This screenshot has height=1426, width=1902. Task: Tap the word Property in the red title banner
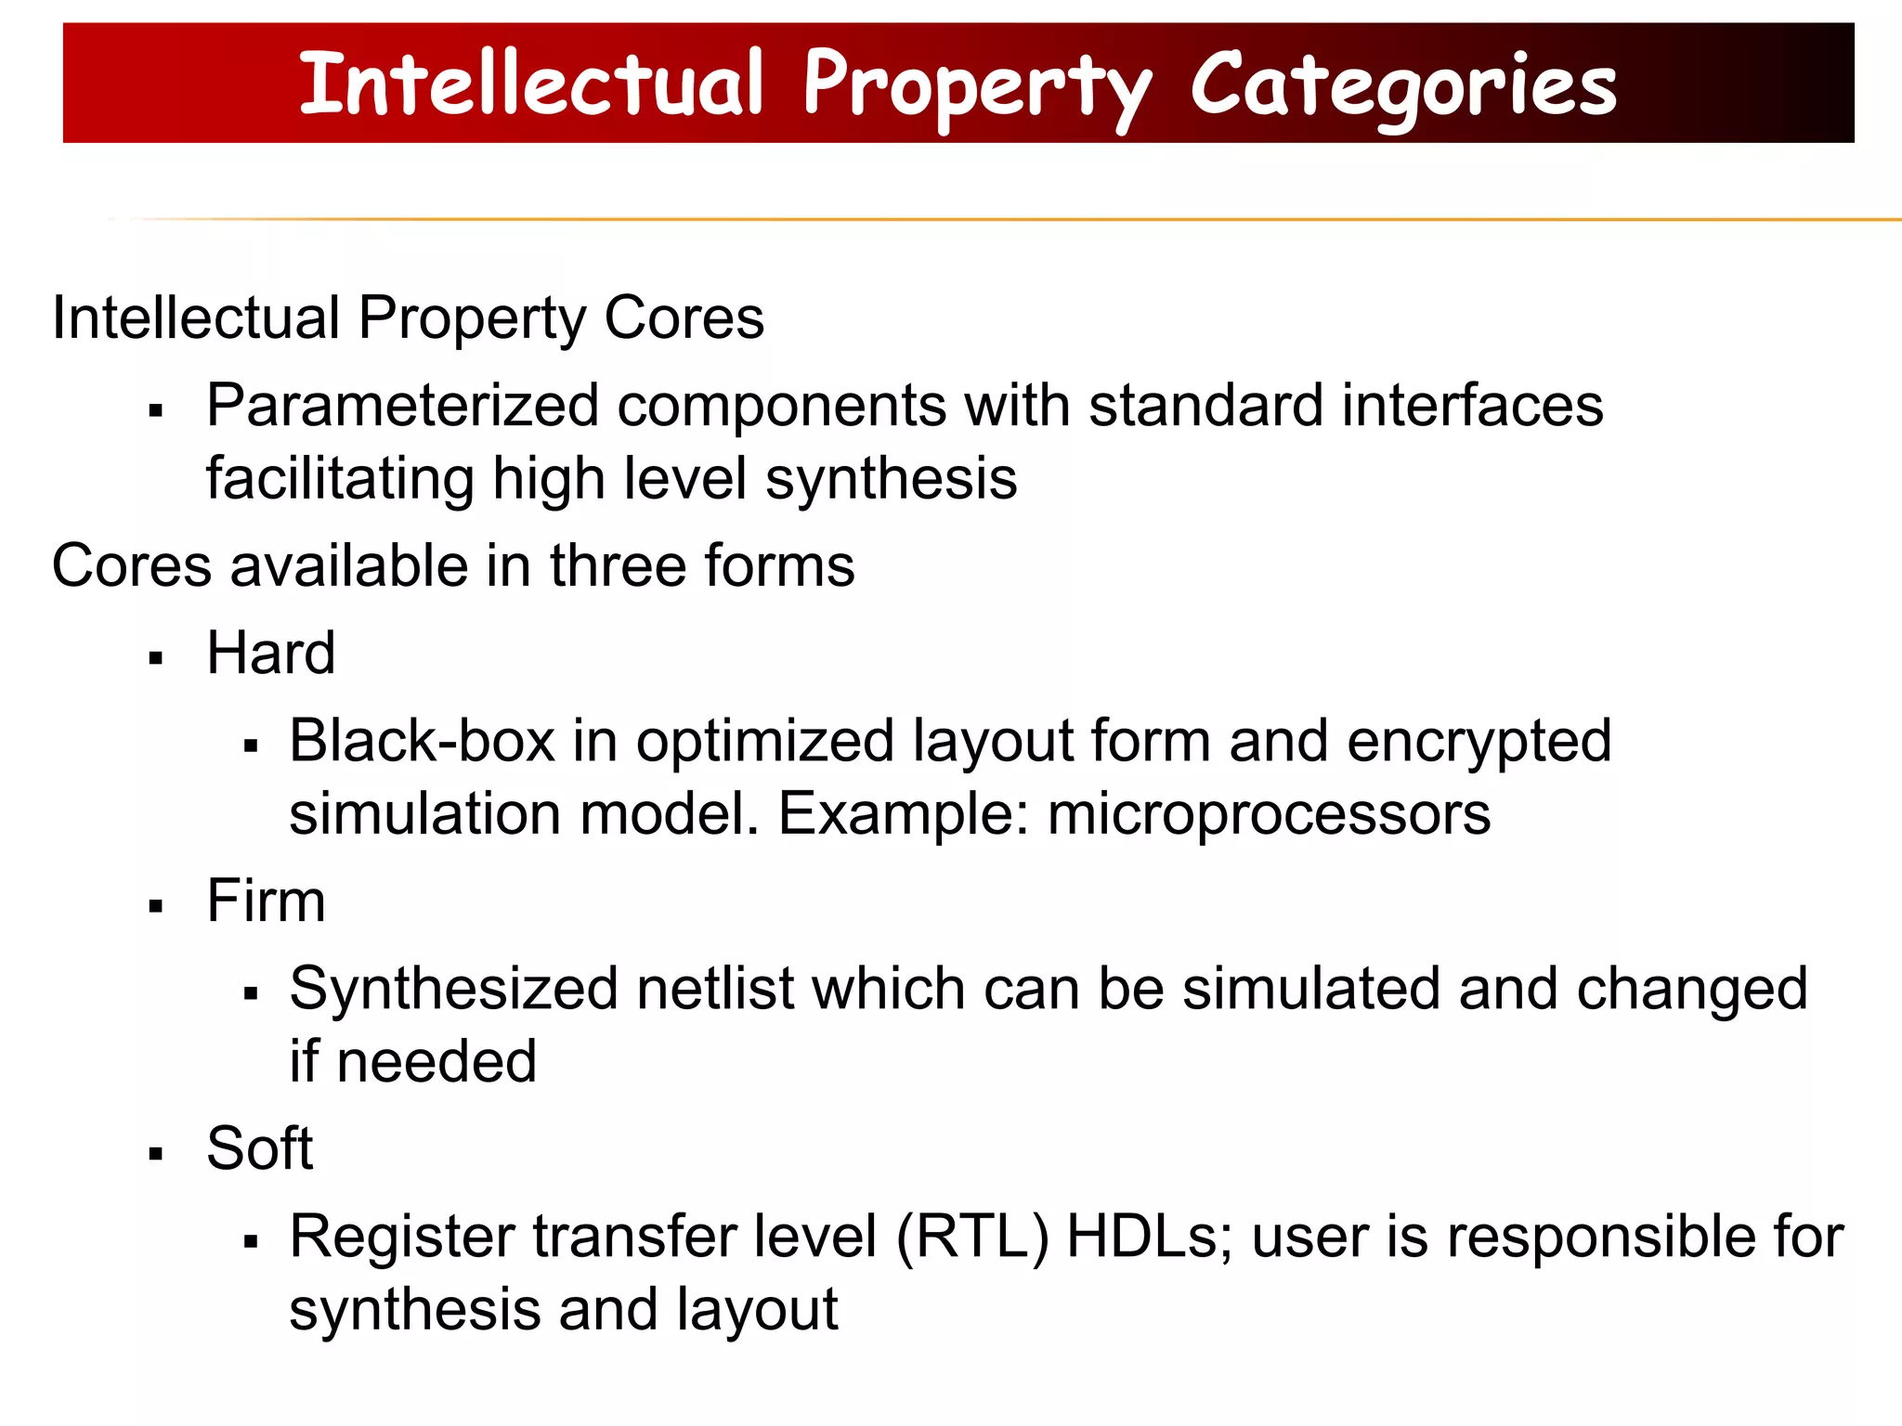click(977, 85)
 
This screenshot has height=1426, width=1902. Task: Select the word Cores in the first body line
click(684, 318)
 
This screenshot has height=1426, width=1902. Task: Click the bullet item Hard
click(270, 653)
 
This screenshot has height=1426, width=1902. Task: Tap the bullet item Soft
click(259, 1148)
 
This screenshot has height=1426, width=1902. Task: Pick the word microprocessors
click(1269, 814)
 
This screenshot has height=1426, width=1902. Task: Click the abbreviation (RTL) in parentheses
click(972, 1237)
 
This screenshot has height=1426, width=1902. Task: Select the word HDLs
click(1148, 1237)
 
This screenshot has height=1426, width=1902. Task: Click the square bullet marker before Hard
click(156, 658)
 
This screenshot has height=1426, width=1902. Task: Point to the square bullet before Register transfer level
click(250, 1241)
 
